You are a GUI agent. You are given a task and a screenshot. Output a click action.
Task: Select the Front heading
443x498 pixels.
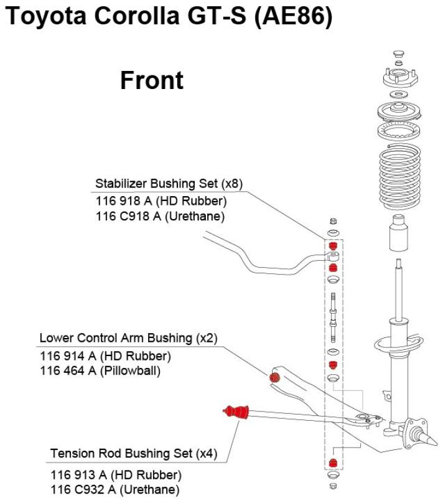point(152,81)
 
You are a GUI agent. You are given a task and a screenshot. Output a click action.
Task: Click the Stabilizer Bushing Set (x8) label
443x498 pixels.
point(168,184)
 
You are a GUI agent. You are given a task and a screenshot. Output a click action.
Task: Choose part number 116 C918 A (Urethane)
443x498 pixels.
point(160,217)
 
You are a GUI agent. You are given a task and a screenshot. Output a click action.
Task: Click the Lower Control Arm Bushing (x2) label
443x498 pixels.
point(128,338)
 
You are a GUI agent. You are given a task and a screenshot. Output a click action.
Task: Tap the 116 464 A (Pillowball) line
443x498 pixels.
point(100,371)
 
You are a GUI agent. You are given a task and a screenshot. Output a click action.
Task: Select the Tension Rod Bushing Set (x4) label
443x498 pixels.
point(134,453)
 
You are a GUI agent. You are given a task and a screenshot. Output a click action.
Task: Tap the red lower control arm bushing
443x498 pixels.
point(274,377)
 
